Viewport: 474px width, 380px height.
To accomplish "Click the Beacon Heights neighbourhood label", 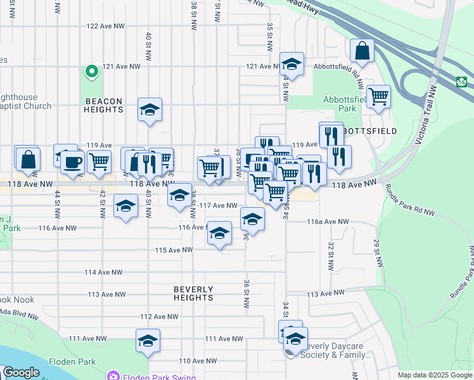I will (x=103, y=105).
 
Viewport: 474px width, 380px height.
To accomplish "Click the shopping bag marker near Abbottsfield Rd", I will (x=362, y=53).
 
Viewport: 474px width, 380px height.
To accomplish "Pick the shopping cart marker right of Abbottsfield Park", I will (x=378, y=98).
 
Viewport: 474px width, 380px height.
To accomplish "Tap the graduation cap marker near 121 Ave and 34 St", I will (x=291, y=64).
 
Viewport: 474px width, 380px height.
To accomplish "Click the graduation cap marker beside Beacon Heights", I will (x=150, y=110).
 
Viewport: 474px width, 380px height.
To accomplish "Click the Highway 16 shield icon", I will (x=461, y=82).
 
